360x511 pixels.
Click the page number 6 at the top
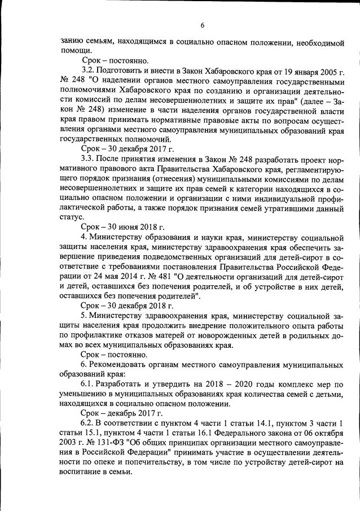[x=201, y=25]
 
